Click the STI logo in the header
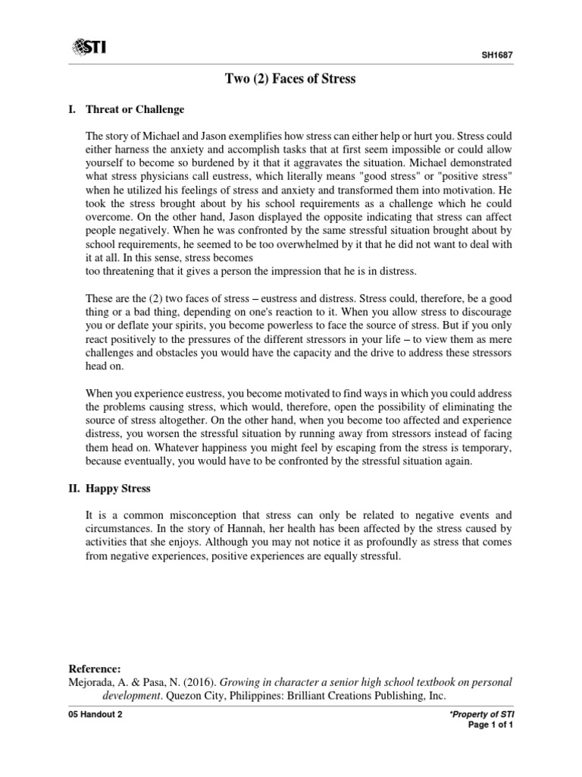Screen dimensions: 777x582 click(x=89, y=48)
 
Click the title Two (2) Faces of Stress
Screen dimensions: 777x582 click(x=290, y=79)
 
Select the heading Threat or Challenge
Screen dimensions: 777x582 click(x=135, y=109)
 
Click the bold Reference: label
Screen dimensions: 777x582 click(x=95, y=668)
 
